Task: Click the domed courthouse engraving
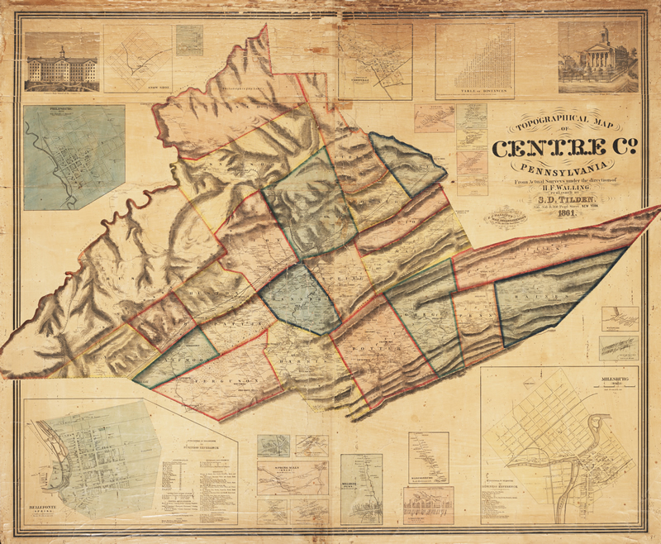coord(597,58)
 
